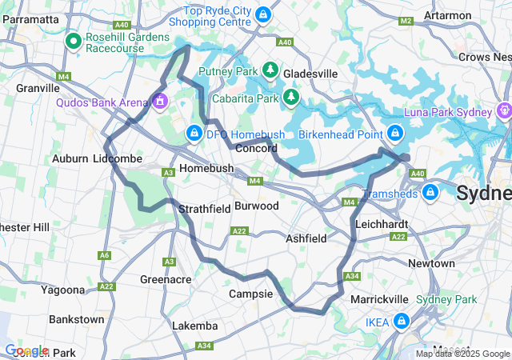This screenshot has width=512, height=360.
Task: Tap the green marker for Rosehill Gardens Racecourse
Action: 73,40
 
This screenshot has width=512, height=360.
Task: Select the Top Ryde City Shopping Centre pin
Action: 263,14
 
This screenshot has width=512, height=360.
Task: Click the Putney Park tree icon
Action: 270,70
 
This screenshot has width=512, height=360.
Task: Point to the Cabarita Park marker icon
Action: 292,98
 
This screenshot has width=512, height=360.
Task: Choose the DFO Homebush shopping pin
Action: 194,133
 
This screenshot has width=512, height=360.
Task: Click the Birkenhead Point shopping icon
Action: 394,133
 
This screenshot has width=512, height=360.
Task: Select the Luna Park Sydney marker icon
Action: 504,110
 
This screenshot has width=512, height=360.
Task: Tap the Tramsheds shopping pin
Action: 430,192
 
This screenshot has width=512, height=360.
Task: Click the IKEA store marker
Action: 401,322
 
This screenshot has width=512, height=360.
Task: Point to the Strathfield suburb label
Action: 204,209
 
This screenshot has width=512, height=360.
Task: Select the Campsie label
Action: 251,294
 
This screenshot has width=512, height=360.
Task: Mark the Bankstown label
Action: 76,319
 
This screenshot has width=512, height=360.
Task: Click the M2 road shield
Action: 406,21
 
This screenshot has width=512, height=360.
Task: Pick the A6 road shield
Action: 104,255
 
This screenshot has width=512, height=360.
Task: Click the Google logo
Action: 26,350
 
